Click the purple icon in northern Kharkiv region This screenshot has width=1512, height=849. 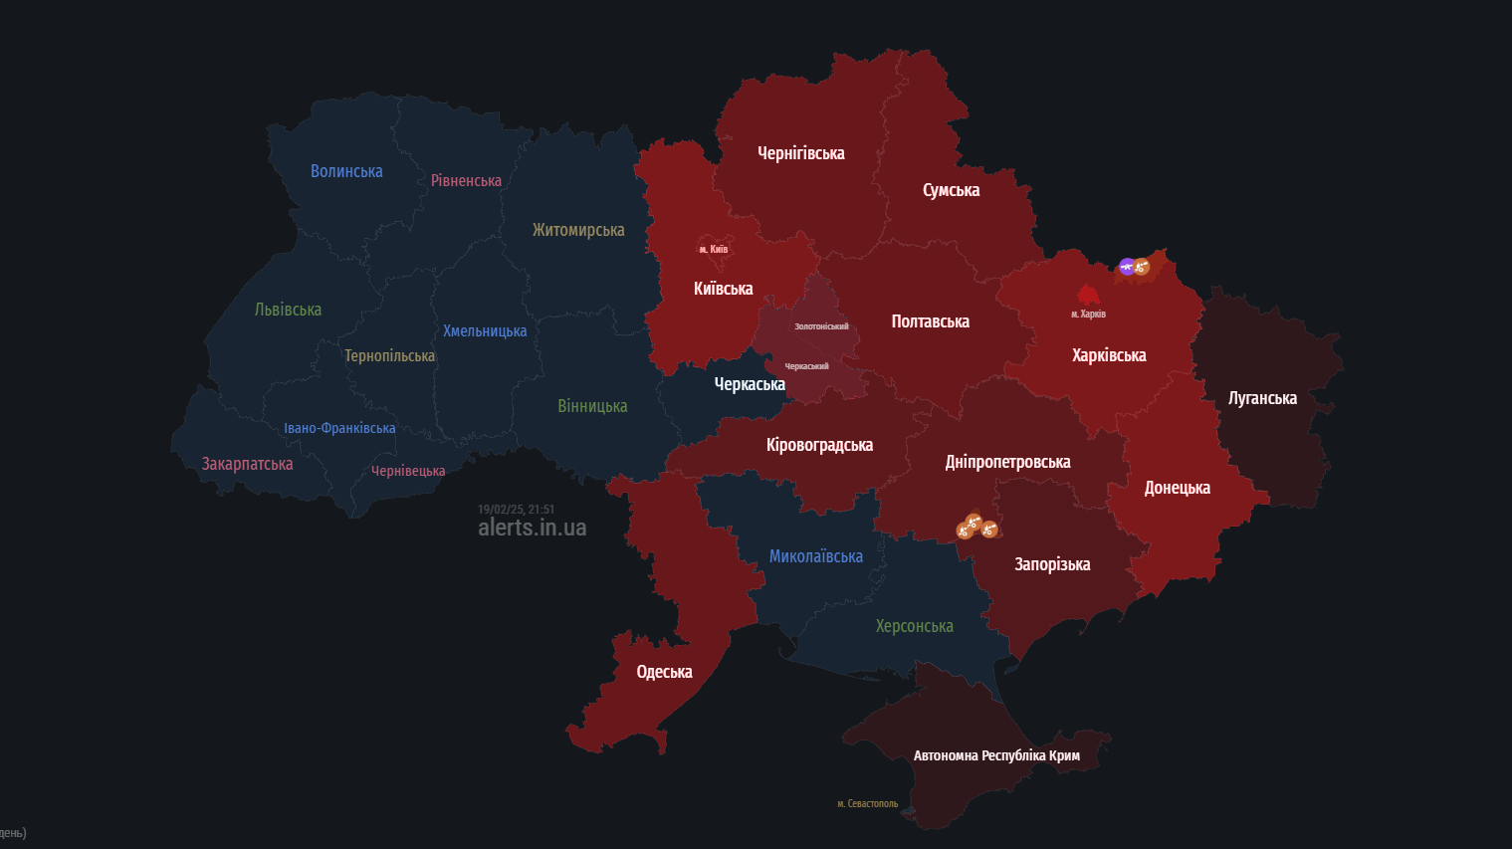click(x=1126, y=266)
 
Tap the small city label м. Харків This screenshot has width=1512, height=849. click(x=1088, y=314)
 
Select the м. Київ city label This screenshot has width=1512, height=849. click(x=713, y=249)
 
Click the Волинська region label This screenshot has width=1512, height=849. click(x=346, y=171)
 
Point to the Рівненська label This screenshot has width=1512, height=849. click(x=466, y=180)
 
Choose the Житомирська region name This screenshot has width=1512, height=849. click(x=578, y=230)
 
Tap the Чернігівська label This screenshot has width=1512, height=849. click(x=800, y=153)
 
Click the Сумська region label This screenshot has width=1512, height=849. click(x=951, y=190)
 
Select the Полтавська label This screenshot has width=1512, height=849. click(x=930, y=321)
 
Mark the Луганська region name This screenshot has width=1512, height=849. click(x=1262, y=398)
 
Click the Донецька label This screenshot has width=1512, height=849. click(x=1177, y=488)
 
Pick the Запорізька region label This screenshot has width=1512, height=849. click(x=1052, y=564)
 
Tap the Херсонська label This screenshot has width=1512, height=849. click(x=914, y=626)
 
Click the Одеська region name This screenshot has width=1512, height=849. click(x=664, y=672)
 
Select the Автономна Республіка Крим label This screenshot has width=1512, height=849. click(x=996, y=755)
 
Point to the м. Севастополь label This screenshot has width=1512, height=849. click(x=867, y=803)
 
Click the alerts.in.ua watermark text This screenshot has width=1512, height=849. click(x=532, y=528)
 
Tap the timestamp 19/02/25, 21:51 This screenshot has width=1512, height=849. click(x=516, y=510)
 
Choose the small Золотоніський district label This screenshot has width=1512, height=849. click(x=821, y=326)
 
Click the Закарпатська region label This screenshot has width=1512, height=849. click(x=247, y=464)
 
